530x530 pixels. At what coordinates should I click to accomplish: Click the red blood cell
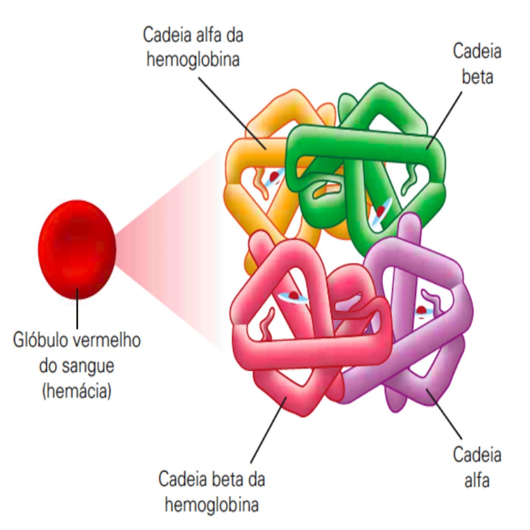77,249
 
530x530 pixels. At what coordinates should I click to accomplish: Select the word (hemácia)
77,390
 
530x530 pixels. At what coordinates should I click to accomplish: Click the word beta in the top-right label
477,77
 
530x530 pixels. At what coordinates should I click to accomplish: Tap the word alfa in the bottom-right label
477,480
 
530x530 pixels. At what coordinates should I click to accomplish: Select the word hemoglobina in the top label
193,60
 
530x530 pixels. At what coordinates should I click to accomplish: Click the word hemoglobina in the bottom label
212,505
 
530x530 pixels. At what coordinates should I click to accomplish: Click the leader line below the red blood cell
77,309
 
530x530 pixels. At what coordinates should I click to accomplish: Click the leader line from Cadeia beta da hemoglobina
268,429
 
